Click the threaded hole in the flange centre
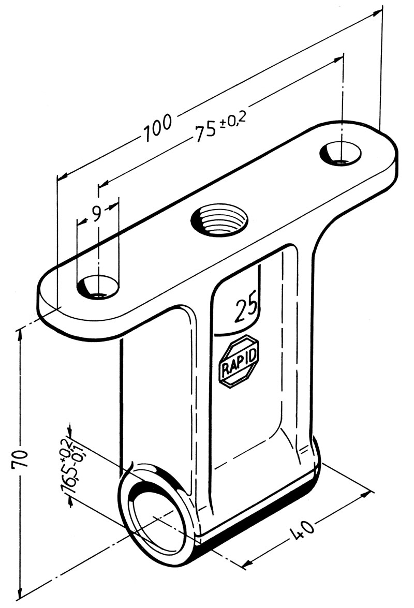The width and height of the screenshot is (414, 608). click(x=220, y=219)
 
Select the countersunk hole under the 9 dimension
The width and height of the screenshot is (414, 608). click(x=98, y=286)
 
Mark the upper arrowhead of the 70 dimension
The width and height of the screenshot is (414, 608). click(x=21, y=331)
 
